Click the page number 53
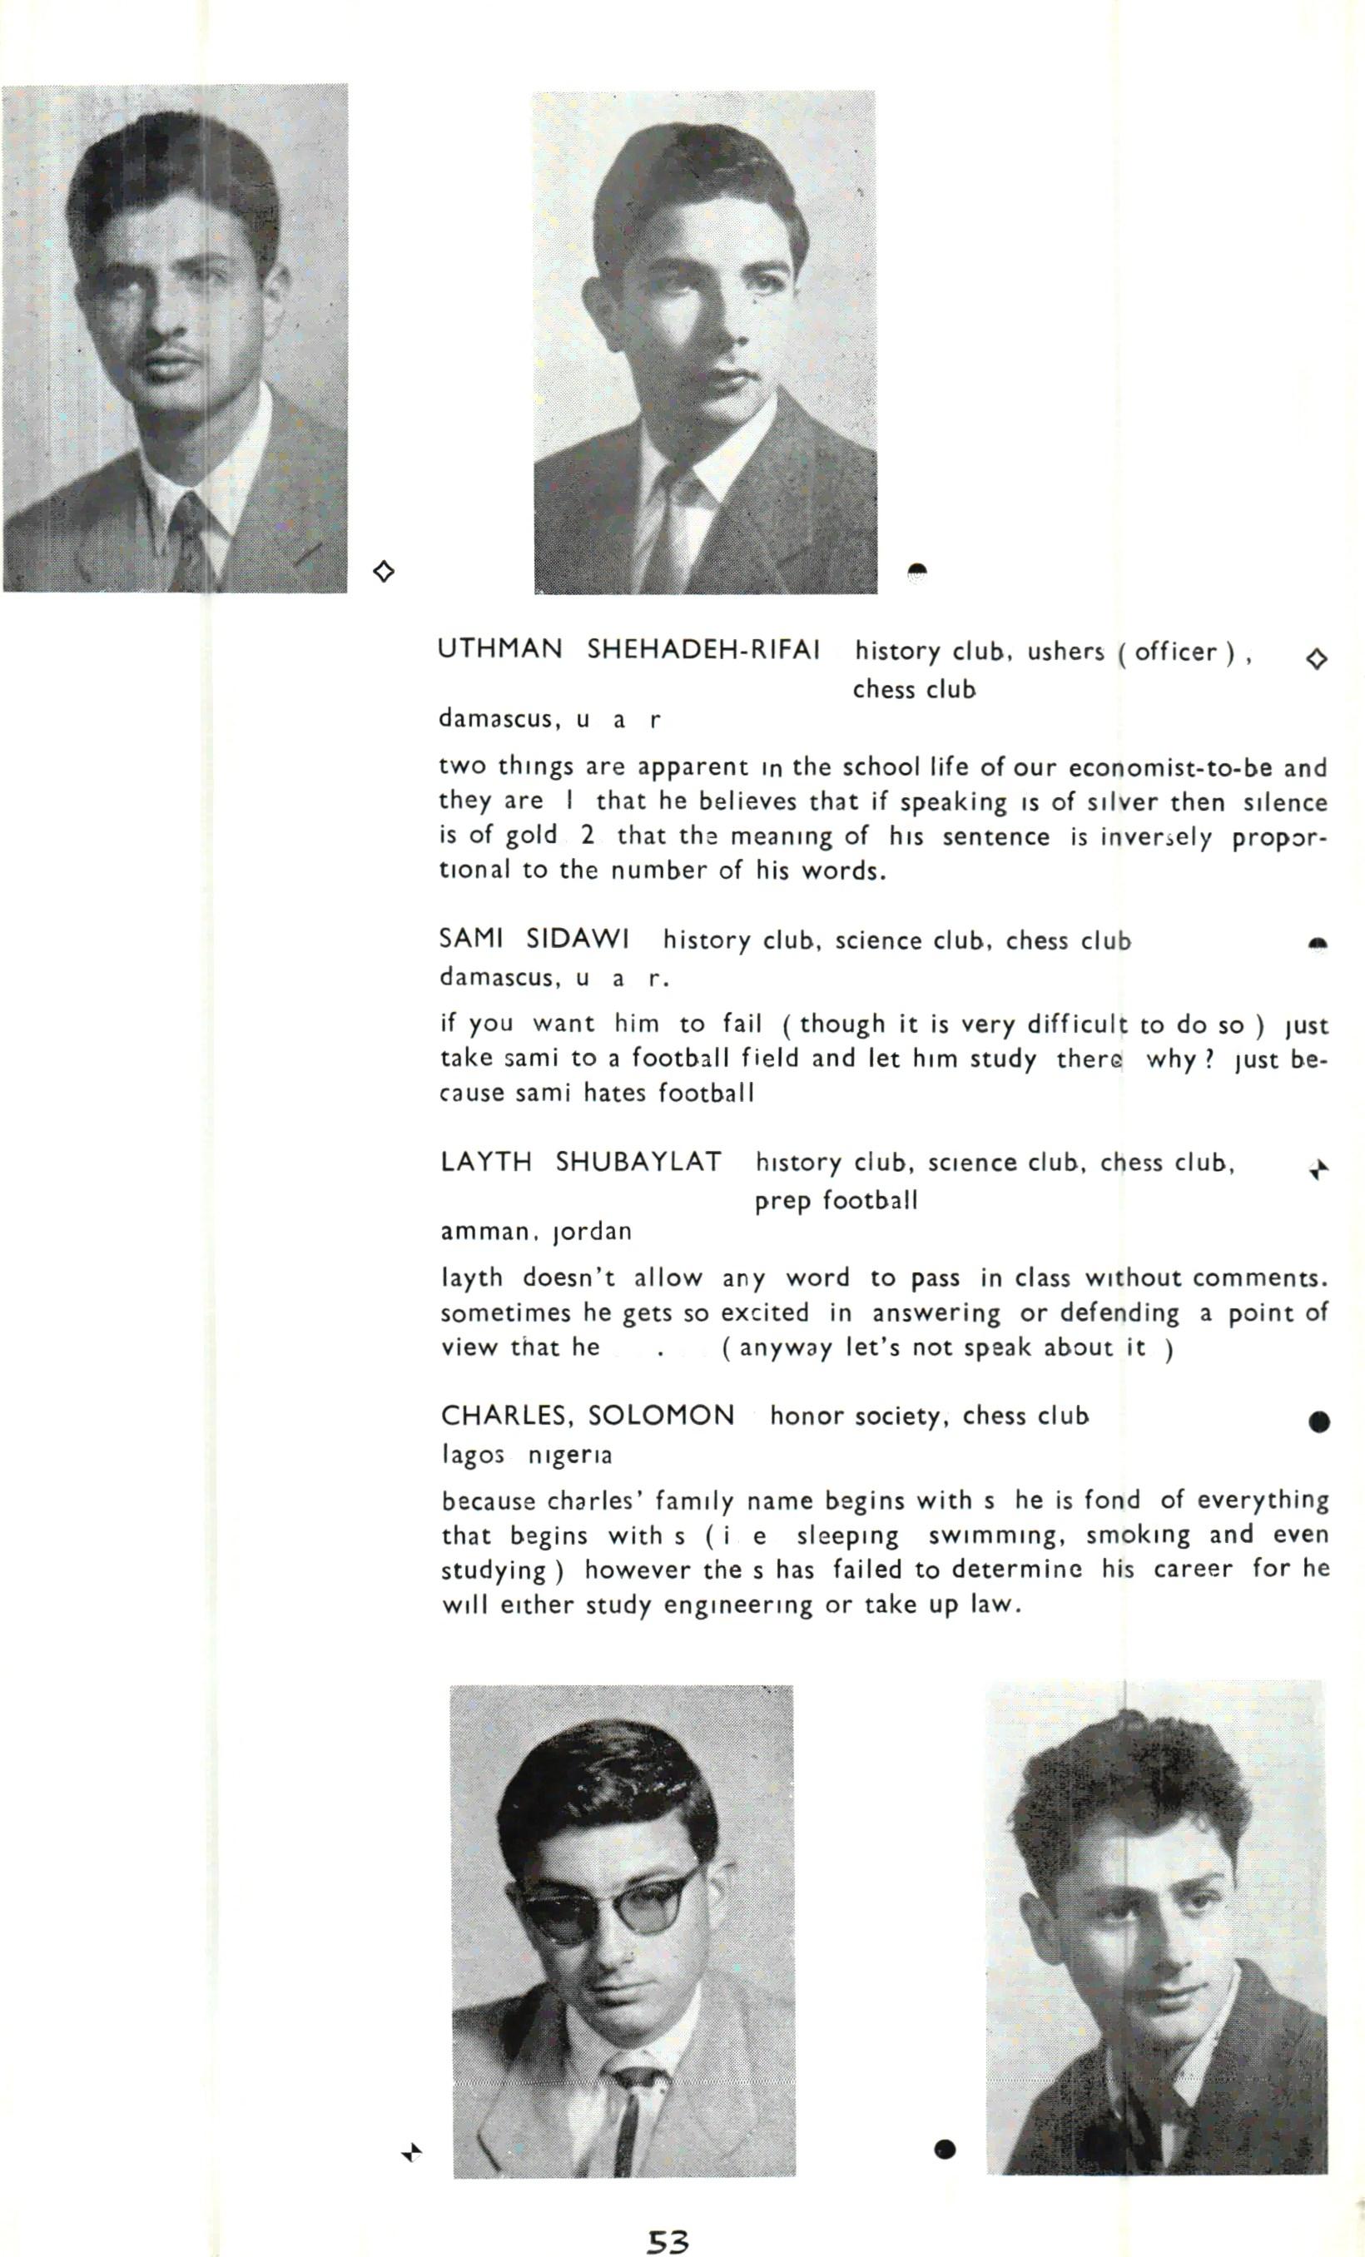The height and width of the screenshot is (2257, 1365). pyautogui.click(x=668, y=2240)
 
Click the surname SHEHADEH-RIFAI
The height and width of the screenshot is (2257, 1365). pyautogui.click(x=702, y=649)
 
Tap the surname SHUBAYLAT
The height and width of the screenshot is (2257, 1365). pyautogui.click(x=638, y=1162)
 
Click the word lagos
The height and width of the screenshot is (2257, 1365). pyautogui.click(x=473, y=1455)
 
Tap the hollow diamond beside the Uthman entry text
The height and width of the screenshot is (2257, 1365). pyautogui.click(x=1317, y=658)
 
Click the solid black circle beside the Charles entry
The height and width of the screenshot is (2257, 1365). pyautogui.click(x=1319, y=1421)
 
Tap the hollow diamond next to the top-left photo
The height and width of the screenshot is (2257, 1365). pyautogui.click(x=385, y=572)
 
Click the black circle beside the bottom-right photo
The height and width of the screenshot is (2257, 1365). pyautogui.click(x=946, y=2149)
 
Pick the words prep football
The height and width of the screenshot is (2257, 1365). pyautogui.click(x=836, y=1200)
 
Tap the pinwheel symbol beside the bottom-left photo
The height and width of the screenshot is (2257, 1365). pyautogui.click(x=412, y=2151)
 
